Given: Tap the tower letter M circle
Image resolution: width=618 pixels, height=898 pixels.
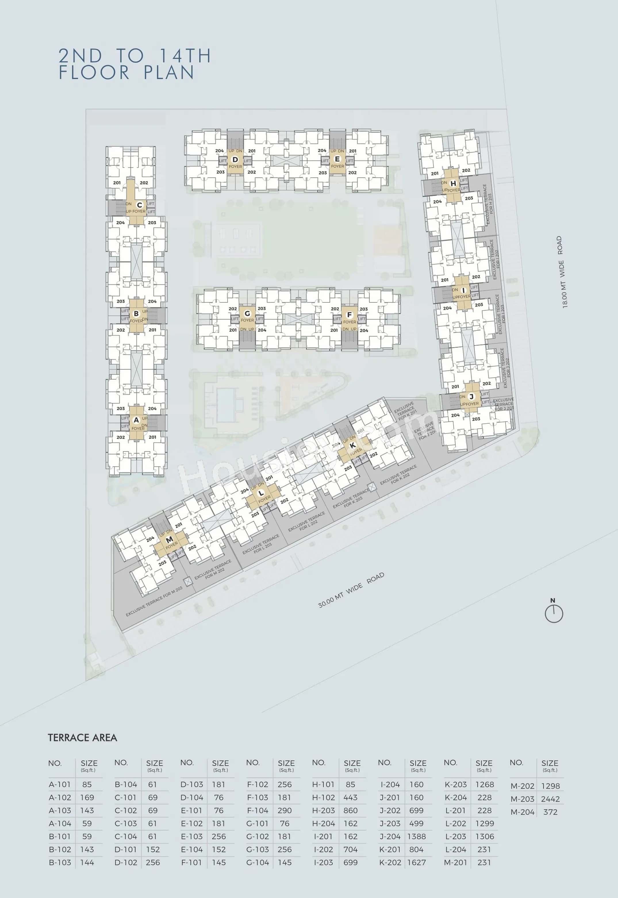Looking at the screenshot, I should pyautogui.click(x=169, y=540).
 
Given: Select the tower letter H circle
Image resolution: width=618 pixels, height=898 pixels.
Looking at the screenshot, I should pyautogui.click(x=453, y=184).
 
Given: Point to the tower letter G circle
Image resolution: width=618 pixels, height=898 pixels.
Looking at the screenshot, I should pyautogui.click(x=247, y=314).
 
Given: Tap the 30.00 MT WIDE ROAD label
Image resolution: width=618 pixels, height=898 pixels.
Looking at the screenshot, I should pyautogui.click(x=351, y=590).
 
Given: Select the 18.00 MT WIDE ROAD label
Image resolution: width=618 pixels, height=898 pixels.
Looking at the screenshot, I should pyautogui.click(x=561, y=272).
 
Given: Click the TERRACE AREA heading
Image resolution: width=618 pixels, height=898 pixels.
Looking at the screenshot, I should pyautogui.click(x=82, y=738).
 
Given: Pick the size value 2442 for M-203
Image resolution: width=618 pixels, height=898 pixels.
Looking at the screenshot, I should pyautogui.click(x=550, y=799).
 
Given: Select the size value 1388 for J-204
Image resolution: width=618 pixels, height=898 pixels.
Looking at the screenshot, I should pyautogui.click(x=416, y=836).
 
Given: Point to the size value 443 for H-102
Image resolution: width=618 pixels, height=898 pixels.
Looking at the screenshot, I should pyautogui.click(x=350, y=797).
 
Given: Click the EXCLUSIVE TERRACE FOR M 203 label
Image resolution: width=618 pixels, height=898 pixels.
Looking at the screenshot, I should pyautogui.click(x=154, y=601).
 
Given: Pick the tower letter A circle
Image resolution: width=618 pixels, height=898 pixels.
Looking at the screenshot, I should pyautogui.click(x=136, y=420).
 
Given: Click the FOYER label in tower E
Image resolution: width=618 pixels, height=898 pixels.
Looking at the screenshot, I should pyautogui.click(x=337, y=166).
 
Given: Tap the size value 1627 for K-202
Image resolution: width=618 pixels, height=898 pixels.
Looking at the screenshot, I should pyautogui.click(x=416, y=862).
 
